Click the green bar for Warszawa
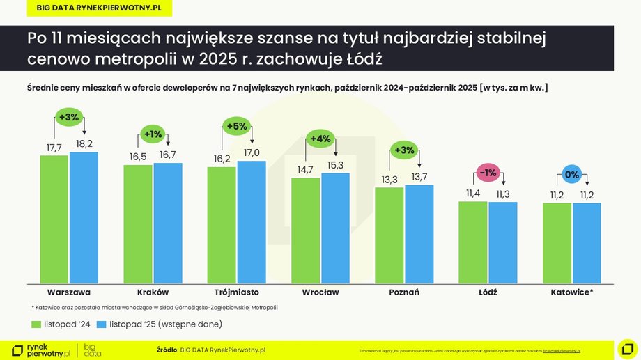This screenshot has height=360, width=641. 54,219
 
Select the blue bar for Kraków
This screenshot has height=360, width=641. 167,223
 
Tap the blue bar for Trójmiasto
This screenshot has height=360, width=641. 252,221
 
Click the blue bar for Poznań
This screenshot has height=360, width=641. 419,234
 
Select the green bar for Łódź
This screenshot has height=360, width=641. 472,242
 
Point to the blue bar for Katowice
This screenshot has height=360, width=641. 587,243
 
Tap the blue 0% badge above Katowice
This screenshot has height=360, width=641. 571,175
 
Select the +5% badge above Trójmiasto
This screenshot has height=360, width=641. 237,126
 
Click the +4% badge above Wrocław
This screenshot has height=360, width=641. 320,138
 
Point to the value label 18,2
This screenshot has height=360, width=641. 84,143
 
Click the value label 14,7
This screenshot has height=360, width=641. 305,169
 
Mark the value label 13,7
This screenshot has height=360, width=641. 419,177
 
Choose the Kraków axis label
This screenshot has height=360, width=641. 152,292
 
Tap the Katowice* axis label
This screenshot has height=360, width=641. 571,292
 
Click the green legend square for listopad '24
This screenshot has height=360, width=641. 36,324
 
